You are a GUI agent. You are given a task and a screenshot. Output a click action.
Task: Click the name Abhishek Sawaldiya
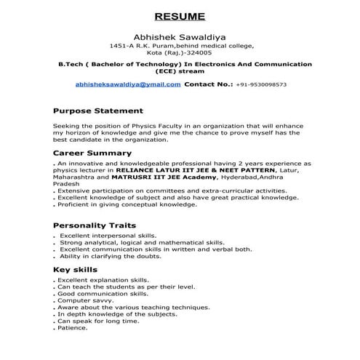pyautogui.click(x=180, y=36)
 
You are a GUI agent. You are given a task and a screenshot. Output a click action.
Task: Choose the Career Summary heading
pyautogui.click(x=92, y=153)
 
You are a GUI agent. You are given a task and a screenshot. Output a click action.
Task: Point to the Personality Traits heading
pyautogui.click(x=95, y=225)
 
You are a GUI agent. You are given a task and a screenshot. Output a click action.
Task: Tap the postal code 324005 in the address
pyautogui.click(x=197, y=53)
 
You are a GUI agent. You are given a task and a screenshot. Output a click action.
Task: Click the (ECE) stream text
pyautogui.click(x=179, y=71)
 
